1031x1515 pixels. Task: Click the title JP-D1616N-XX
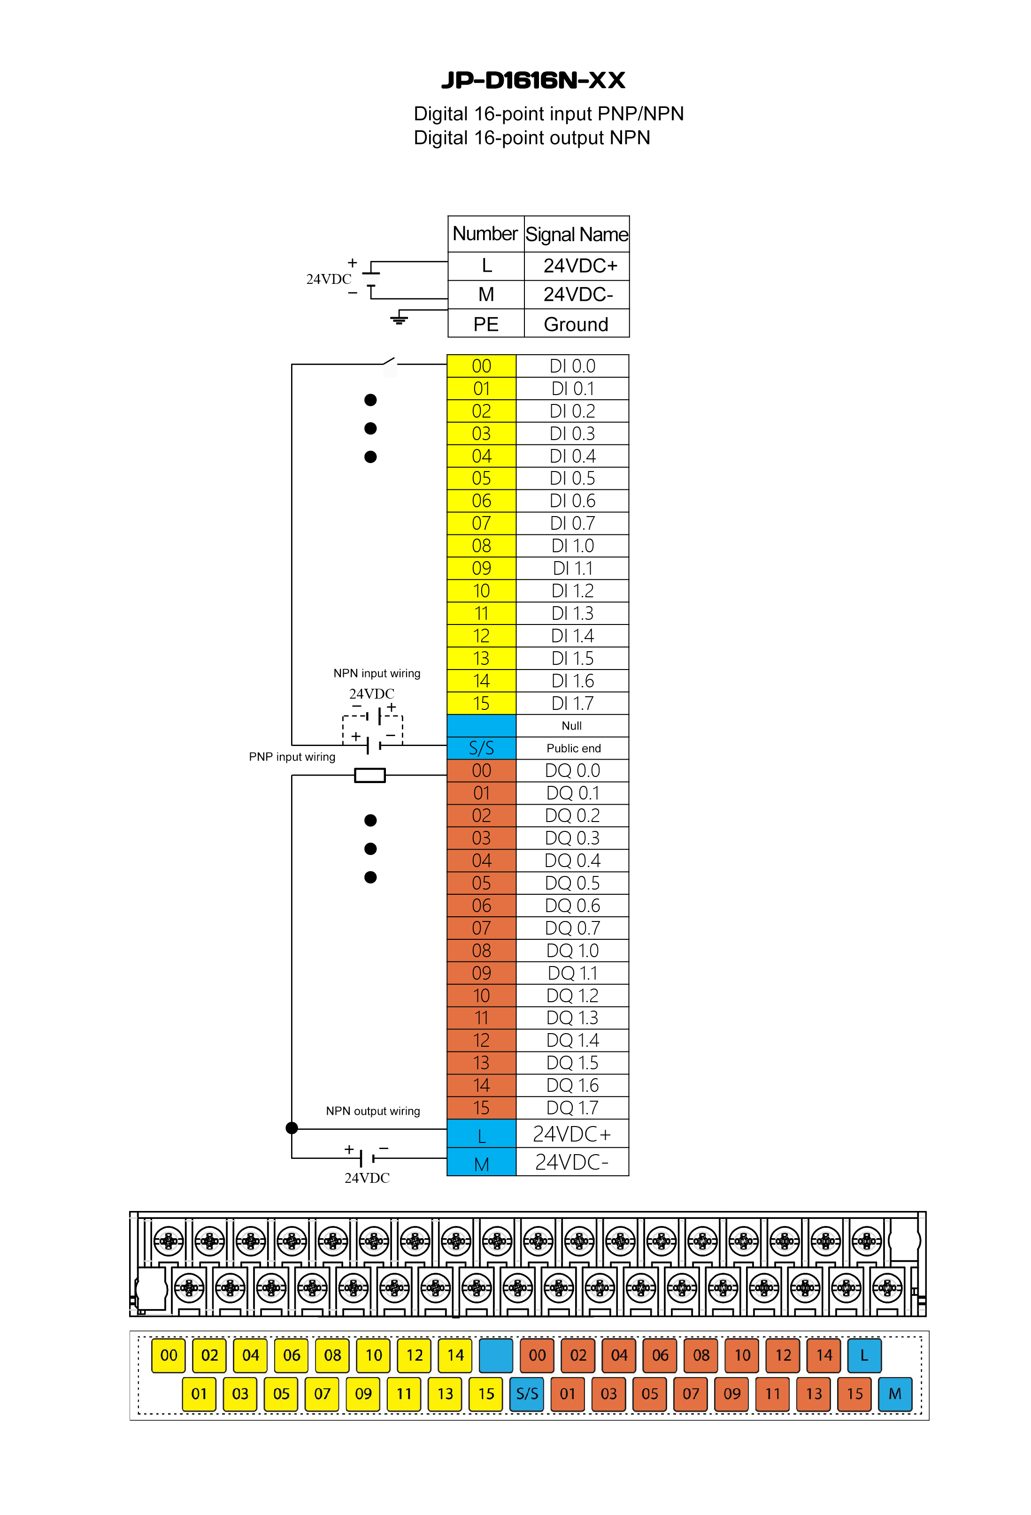[533, 80]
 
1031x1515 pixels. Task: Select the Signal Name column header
[577, 234]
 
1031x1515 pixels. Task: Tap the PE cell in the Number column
[486, 324]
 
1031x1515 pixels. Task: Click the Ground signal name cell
[577, 324]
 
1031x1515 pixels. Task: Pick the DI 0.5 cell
[573, 479]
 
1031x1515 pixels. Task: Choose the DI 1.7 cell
[573, 703]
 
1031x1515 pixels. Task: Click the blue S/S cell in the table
[481, 748]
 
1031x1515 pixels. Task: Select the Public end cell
[573, 748]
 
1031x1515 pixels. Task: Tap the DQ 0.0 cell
[573, 770]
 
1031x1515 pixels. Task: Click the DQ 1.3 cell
[573, 1018]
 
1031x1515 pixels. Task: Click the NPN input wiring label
[377, 673]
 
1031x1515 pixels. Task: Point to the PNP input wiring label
[292, 757]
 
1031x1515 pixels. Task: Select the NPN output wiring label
[373, 1111]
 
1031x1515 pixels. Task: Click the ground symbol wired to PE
[399, 319]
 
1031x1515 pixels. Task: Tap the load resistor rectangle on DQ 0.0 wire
[370, 775]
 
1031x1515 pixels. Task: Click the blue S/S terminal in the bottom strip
[527, 1394]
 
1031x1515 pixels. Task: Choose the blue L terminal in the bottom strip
[865, 1355]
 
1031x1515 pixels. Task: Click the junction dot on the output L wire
[292, 1128]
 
